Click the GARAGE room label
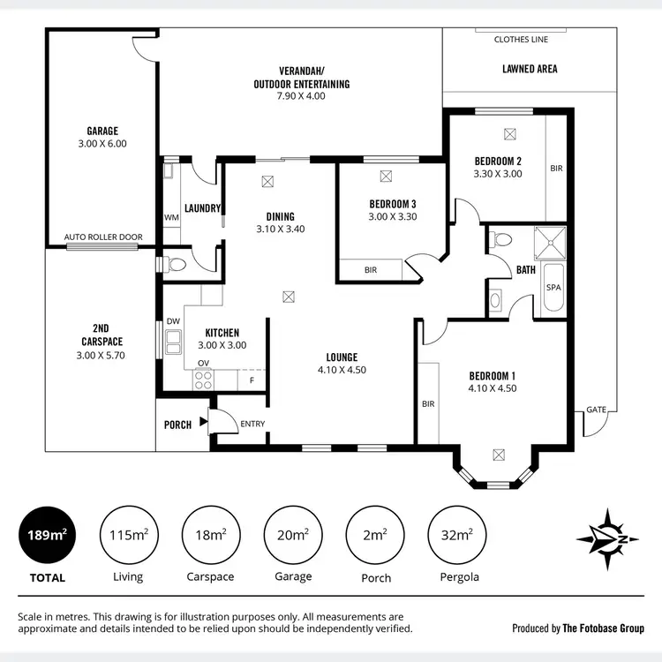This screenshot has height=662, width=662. [102, 131]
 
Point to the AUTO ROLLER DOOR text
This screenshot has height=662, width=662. [102, 237]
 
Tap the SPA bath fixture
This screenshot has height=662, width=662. [554, 289]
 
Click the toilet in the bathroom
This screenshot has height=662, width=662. [501, 238]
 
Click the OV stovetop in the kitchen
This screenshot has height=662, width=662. [203, 380]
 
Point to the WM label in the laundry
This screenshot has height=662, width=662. [171, 216]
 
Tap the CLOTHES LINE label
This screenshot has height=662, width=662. [521, 40]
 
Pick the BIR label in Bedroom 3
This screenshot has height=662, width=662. [371, 270]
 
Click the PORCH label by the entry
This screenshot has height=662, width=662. [177, 425]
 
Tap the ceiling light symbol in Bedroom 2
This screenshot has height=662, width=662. [509, 134]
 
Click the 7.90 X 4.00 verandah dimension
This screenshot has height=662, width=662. [300, 95]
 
